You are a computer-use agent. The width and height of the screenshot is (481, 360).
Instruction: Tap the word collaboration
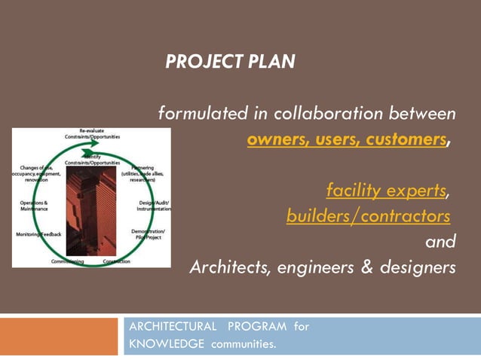[x=329, y=114]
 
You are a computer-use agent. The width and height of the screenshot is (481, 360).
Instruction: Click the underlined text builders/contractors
[x=368, y=216]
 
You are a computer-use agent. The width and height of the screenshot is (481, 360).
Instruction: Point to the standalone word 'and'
[x=440, y=242]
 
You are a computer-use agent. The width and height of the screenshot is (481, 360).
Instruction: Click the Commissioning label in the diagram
[x=67, y=261]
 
